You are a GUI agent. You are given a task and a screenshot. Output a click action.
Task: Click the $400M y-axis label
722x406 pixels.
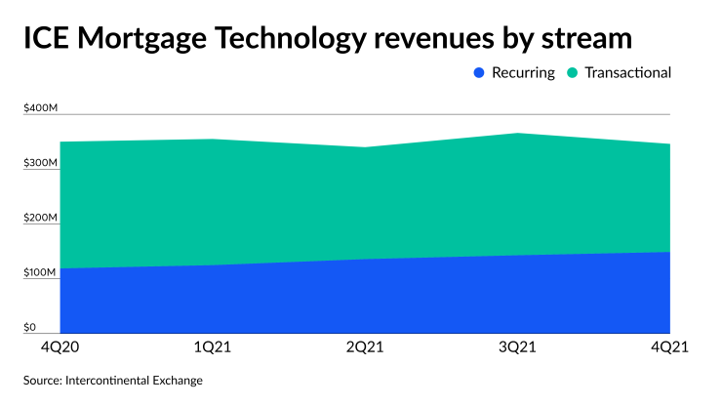[x=43, y=107]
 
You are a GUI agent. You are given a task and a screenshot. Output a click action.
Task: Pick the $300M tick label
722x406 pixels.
[x=42, y=162]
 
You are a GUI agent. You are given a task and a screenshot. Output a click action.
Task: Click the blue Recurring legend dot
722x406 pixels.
[x=478, y=72]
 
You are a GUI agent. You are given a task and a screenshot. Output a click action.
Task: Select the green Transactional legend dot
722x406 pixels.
[x=573, y=72]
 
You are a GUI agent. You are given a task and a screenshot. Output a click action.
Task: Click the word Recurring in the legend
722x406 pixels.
[x=524, y=72]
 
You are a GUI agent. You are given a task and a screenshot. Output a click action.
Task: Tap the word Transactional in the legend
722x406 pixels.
[x=629, y=72]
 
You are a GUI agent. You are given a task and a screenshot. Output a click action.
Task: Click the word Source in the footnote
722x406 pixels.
[x=46, y=380]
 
